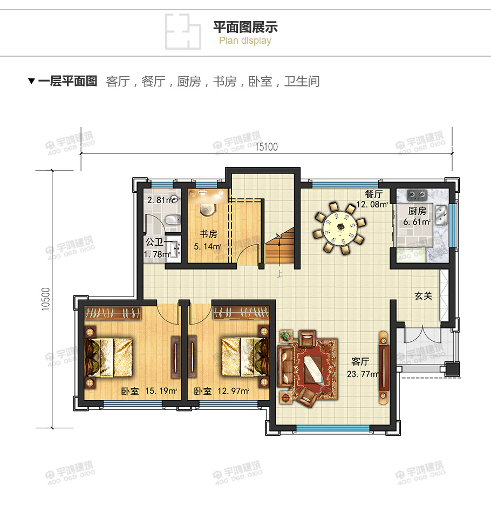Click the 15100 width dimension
click(x=267, y=147)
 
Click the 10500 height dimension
click(x=45, y=298)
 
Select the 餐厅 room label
click(x=373, y=194)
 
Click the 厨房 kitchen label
click(x=417, y=211)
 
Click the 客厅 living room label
click(x=360, y=361)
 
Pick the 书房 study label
click(x=209, y=234)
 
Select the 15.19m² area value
click(x=161, y=391)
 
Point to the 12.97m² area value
click(x=233, y=391)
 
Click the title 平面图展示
click(x=245, y=27)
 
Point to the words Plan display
click(x=245, y=41)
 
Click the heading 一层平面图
click(x=67, y=82)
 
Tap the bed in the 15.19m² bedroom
click(x=111, y=357)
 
